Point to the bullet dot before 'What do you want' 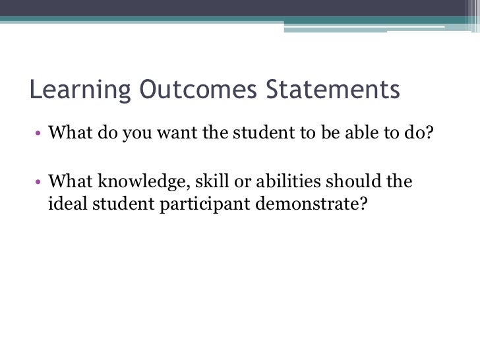[39, 134]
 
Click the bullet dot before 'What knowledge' [39, 181]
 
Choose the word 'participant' [198, 204]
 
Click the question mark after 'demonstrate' [361, 204]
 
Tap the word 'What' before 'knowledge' [69, 181]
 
